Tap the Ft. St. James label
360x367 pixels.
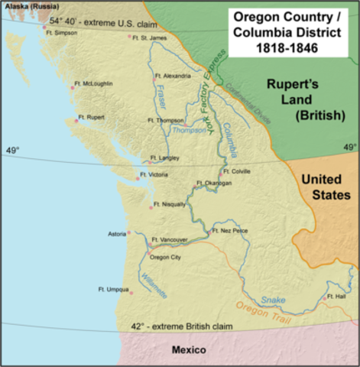pos(149,37)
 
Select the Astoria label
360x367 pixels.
pos(117,233)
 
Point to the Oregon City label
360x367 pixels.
pos(169,256)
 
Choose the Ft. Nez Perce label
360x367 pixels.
pos(230,229)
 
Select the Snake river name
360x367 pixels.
pos(271,300)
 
